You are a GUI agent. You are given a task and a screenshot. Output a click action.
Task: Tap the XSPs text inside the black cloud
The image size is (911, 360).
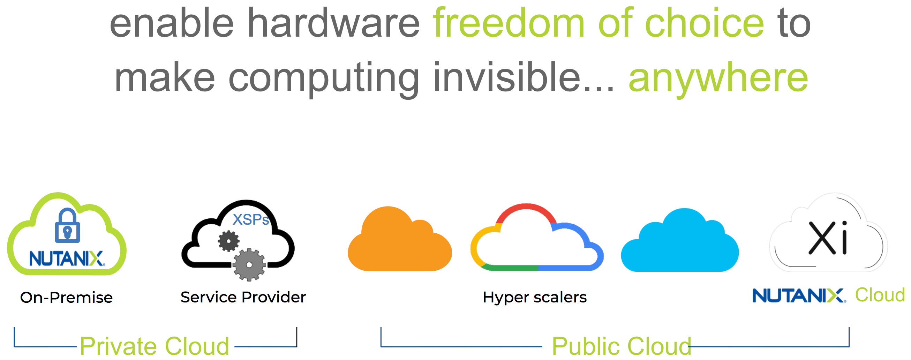click(251, 220)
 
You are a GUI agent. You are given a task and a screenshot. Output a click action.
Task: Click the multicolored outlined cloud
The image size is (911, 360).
click(536, 240)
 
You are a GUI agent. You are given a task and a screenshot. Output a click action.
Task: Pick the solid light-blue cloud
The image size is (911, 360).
click(680, 244)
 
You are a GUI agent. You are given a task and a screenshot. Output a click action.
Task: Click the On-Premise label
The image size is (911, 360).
click(67, 298)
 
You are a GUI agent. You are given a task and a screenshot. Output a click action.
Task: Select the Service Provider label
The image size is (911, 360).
click(243, 297)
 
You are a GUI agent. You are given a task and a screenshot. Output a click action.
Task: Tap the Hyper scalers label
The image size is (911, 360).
click(534, 298)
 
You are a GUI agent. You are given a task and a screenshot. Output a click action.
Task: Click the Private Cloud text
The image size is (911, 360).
click(155, 346)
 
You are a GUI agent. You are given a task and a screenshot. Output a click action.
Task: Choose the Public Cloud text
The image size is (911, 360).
click(621, 346)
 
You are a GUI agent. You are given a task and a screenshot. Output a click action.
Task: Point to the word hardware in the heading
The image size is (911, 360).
click(333, 23)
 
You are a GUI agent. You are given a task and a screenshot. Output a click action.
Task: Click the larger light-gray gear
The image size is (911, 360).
click(249, 265)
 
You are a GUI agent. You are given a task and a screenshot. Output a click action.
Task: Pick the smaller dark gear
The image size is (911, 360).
click(228, 241)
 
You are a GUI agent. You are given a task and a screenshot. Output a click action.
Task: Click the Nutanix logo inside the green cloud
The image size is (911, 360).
click(67, 258)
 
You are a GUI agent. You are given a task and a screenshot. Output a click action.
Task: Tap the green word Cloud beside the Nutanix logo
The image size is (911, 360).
click(880, 295)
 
